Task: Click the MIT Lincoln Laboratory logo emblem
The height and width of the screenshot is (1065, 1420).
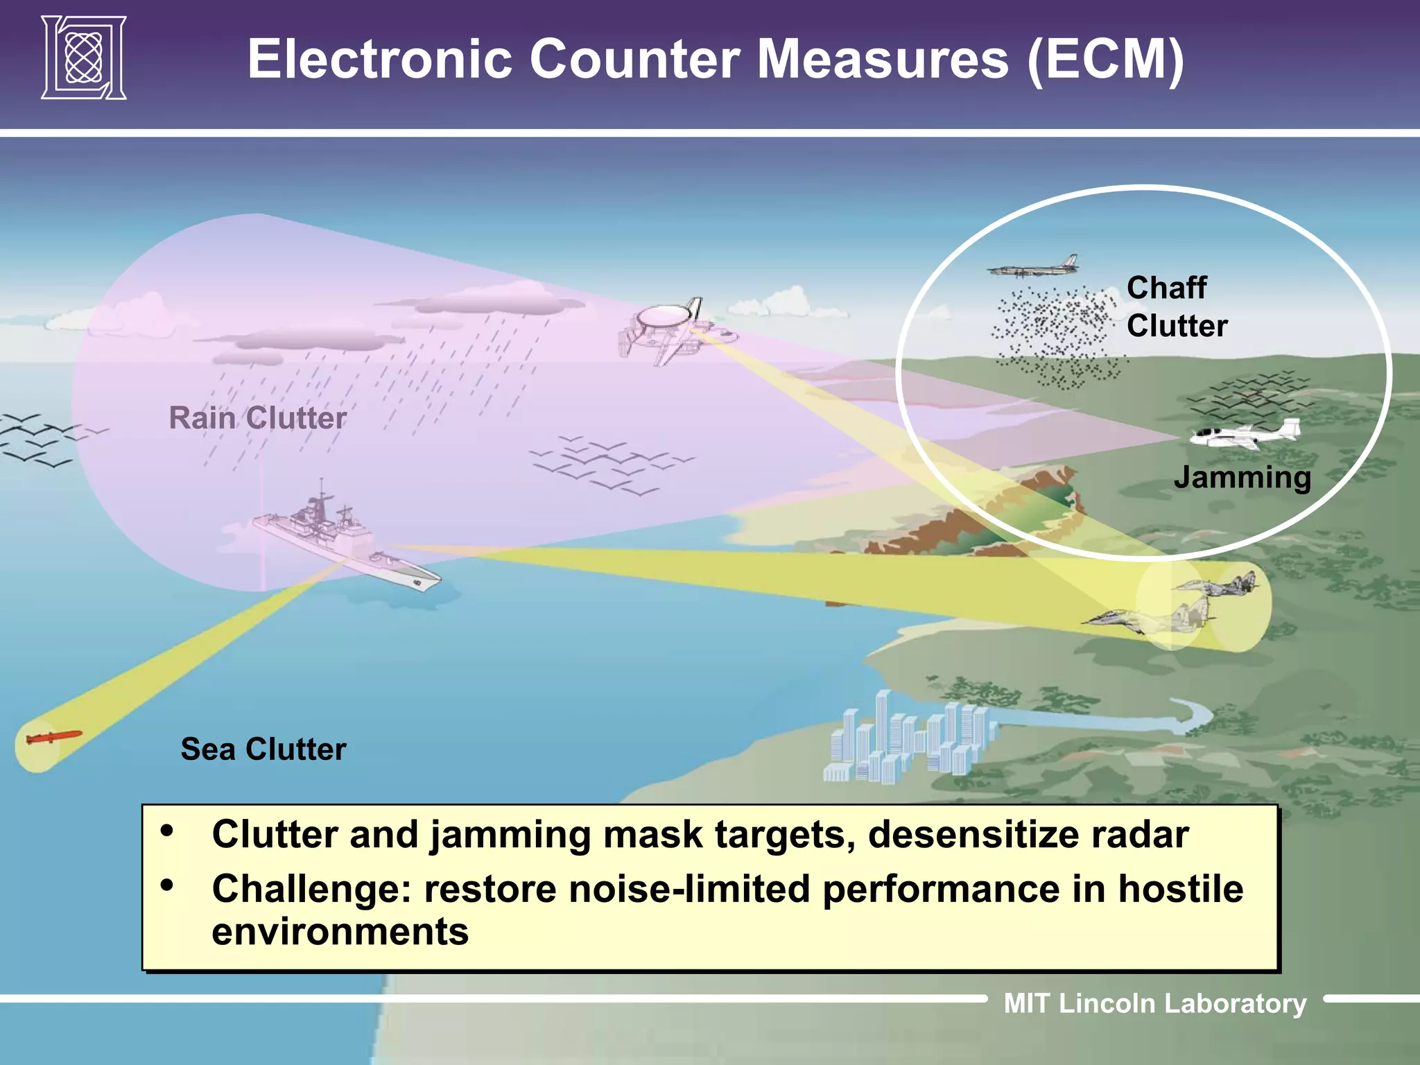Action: pos(84,58)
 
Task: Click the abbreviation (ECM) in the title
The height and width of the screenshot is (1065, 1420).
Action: pos(1105,60)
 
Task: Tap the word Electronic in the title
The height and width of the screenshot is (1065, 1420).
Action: pos(380,60)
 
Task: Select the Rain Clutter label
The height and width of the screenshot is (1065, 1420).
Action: pos(257,418)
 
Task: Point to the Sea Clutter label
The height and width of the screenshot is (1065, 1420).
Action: pos(263,750)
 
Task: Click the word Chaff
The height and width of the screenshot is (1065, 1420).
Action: pos(1166,288)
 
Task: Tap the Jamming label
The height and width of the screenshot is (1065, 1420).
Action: pos(1242,478)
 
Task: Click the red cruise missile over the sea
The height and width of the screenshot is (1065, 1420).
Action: pos(53,738)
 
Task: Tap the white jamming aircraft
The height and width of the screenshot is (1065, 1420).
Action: pos(1245,435)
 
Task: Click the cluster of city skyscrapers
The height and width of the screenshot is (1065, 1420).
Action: pos(908,742)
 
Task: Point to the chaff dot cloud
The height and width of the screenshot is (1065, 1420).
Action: pos(1057,336)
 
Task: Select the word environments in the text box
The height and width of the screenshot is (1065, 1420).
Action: pos(340,932)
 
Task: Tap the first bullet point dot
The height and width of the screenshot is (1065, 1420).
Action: pos(166,831)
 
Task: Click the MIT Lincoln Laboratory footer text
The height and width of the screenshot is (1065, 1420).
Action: pos(1154,1003)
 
